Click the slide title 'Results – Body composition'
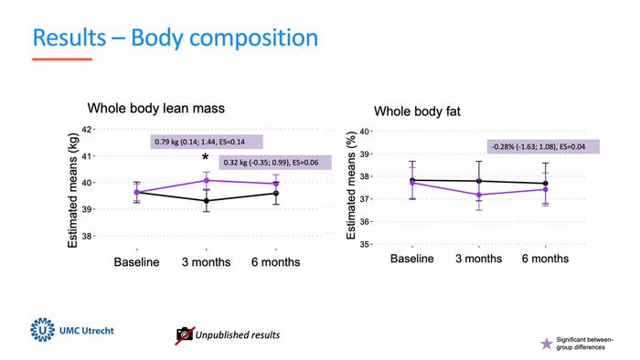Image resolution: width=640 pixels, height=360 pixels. (175, 37)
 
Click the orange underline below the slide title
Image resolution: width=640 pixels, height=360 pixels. (62, 59)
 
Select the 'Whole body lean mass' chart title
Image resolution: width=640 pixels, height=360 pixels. (155, 108)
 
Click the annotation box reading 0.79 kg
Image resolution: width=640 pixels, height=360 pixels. (207, 142)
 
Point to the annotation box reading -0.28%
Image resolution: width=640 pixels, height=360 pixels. (542, 146)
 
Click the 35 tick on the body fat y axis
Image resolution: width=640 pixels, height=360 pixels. (365, 244)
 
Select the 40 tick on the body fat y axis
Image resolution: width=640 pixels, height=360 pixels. (365, 132)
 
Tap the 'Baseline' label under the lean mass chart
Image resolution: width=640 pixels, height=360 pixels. (136, 262)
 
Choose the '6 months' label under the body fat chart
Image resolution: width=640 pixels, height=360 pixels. (545, 259)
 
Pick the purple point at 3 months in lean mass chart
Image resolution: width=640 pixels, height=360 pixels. (206, 180)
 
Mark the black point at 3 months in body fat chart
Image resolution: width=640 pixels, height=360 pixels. (479, 181)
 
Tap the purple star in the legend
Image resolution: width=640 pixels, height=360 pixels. (547, 344)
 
